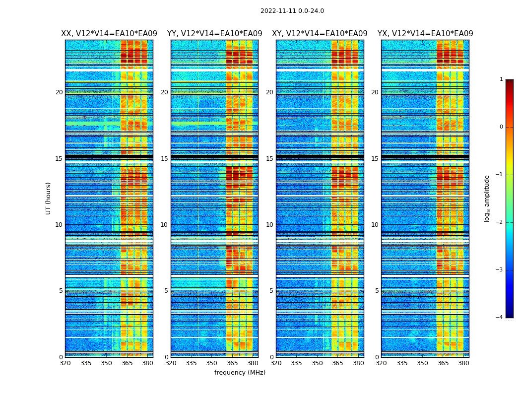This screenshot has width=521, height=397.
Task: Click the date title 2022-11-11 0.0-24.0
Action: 292,11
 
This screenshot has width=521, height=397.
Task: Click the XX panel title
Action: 109,34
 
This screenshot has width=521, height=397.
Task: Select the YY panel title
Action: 214,34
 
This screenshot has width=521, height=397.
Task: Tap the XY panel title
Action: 320,34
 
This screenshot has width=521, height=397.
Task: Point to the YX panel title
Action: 425,34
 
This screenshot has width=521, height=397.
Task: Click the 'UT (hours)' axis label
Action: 49,198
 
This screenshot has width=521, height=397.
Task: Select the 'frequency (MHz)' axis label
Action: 240,373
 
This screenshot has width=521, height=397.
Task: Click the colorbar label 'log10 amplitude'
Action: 487,198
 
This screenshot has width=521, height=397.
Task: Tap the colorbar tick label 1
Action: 501,79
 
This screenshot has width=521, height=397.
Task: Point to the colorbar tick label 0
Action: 501,127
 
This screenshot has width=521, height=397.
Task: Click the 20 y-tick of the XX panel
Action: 59,92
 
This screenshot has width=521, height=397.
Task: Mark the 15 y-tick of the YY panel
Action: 164,159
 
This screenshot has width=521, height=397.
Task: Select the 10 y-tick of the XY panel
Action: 269,225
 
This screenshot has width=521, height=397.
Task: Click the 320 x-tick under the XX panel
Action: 65,363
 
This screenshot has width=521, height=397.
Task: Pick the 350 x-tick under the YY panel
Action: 212,363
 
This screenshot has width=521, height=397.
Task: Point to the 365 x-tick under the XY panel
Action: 337,363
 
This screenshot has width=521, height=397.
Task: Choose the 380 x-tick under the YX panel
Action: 463,363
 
